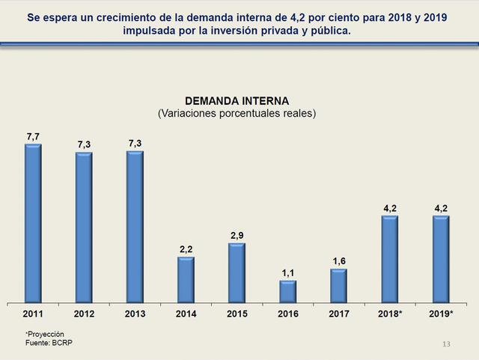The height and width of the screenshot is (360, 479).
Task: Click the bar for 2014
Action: coord(186,280)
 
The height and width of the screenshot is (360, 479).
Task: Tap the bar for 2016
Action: coord(287,292)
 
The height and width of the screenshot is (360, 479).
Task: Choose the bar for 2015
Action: coord(237,273)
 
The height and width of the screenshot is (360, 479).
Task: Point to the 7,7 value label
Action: coord(33,136)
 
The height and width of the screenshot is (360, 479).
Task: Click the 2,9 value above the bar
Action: coord(237,236)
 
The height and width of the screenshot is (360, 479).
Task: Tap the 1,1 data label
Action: coord(287,273)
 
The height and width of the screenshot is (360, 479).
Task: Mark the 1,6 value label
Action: coord(338,262)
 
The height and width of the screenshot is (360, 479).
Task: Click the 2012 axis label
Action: coord(84,314)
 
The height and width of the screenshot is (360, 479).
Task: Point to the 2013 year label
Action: coord(135,314)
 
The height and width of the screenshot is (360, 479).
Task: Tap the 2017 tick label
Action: coord(338,314)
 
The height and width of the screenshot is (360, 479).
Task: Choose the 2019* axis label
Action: coord(442,314)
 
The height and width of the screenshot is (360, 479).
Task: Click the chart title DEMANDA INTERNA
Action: coord(237,101)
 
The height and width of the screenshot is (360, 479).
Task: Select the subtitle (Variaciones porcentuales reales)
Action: coord(237,114)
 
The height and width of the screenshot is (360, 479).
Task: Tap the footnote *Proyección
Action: coord(44,334)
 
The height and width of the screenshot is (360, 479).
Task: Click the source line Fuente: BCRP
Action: coord(49,343)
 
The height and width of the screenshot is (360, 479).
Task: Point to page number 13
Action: coord(447,344)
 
